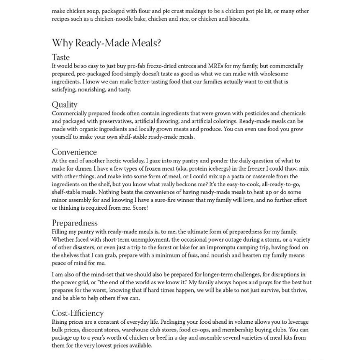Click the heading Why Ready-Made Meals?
click(x=106, y=43)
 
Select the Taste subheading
click(x=61, y=57)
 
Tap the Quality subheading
click(x=64, y=104)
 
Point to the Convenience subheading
click(x=74, y=152)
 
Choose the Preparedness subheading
click(x=75, y=223)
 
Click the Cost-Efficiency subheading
click(x=78, y=313)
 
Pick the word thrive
click(x=298, y=290)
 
